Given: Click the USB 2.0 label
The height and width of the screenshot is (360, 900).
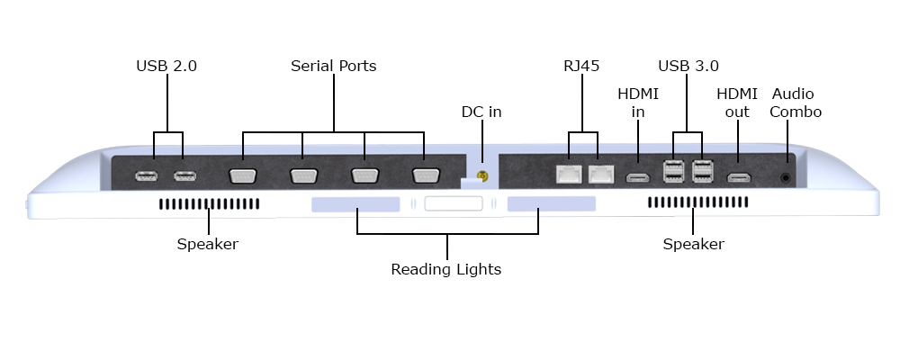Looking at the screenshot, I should (x=166, y=66).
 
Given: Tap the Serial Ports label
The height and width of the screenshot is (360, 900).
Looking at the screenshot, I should (x=333, y=66).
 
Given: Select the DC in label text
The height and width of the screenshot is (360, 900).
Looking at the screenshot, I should (x=481, y=112).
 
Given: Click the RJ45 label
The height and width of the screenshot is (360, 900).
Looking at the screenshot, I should (x=581, y=66).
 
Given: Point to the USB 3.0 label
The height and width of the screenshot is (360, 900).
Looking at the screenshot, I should (x=688, y=66).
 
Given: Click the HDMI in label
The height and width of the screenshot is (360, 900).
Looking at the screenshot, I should (x=637, y=102).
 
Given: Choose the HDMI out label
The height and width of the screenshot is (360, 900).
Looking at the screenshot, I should (x=737, y=102).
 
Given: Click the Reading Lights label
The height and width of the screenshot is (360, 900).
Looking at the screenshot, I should (x=445, y=269).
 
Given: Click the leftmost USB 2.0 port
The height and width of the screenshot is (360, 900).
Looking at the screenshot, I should (x=146, y=175).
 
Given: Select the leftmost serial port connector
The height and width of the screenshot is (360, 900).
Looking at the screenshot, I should (x=243, y=175).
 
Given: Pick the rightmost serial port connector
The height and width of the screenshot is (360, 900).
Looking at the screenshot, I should (x=424, y=175).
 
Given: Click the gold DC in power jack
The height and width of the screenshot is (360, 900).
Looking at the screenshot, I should (x=481, y=177).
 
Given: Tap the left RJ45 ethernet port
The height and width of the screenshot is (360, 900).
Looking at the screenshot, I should (x=568, y=175).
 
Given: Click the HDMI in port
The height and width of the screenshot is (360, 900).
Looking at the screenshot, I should (x=638, y=177).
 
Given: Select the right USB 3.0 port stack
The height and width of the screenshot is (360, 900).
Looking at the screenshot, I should (x=703, y=172).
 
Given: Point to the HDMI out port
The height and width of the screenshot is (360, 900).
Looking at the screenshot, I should (x=739, y=177).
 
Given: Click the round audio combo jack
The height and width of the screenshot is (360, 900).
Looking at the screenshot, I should (x=787, y=177).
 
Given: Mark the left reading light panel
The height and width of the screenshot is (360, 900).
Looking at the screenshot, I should (x=355, y=205).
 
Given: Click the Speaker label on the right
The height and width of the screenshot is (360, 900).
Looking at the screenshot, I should (x=693, y=244).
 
